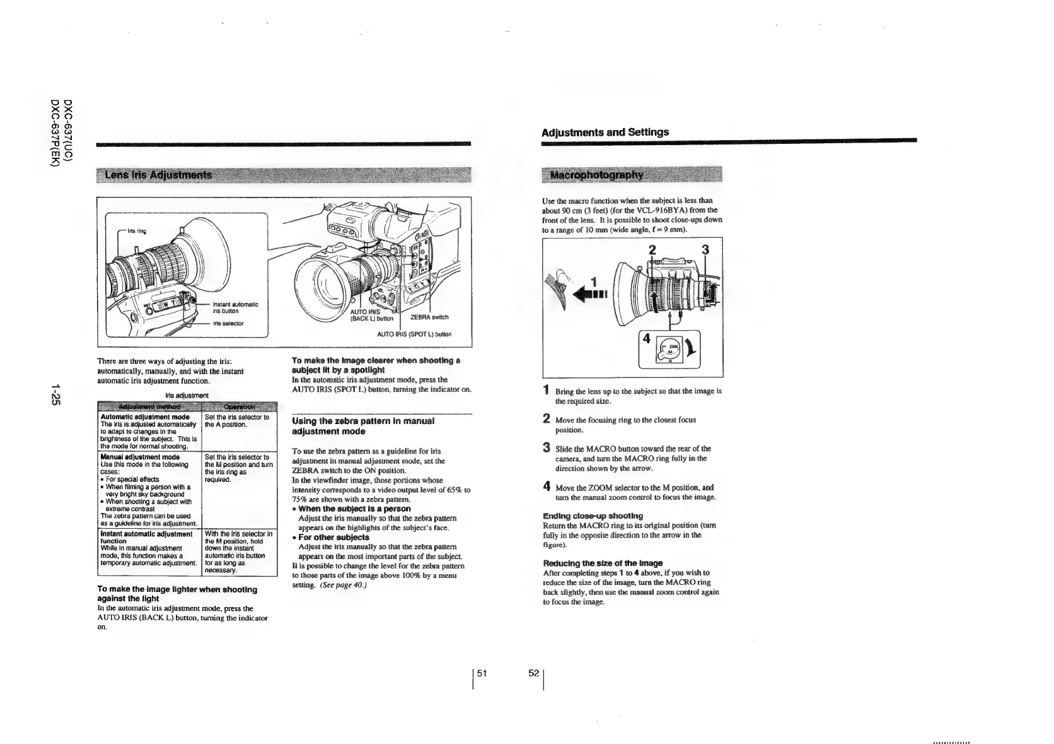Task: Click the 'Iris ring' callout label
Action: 137,231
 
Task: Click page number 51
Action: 482,674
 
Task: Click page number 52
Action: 533,674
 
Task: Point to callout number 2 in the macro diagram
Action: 652,249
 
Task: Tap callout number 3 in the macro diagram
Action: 706,249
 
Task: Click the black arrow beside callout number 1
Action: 596,293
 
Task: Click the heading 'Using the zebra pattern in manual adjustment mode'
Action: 363,426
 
